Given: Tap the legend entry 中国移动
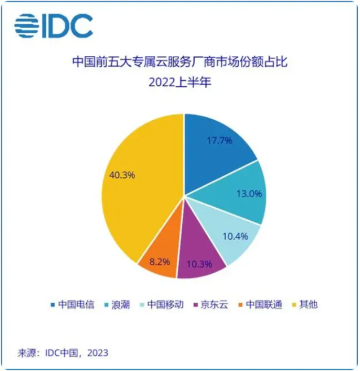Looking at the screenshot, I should point(164,304).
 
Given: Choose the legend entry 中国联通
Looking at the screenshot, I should point(259,304).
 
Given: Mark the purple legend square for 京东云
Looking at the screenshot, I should point(196,305).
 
